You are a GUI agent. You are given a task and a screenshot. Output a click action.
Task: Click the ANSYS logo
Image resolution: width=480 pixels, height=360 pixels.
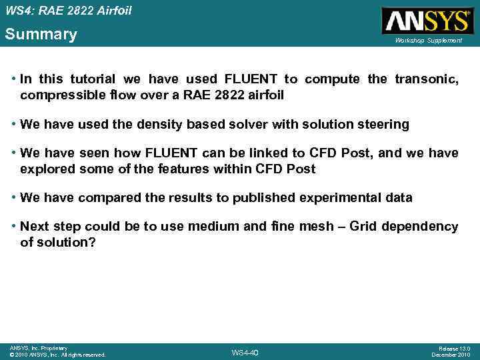coord(427,21)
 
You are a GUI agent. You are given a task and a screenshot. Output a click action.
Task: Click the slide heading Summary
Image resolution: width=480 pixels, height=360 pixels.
coord(41,34)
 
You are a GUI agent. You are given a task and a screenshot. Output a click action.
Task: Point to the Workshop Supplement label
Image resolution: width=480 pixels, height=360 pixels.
coord(428,41)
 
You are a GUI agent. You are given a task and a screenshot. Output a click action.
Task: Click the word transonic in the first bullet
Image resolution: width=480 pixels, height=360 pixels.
coord(426,79)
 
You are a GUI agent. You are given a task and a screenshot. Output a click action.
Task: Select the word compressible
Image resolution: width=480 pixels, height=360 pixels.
coord(61,95)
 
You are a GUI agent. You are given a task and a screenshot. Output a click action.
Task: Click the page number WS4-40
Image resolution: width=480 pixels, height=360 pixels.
coord(244,353)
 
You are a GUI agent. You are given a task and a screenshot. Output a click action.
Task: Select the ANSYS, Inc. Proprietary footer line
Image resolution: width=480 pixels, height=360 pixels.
coord(38,348)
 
